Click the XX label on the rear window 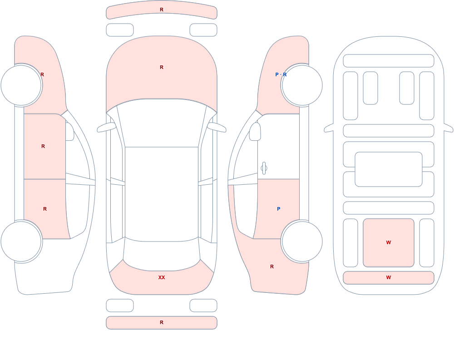pos(162,277)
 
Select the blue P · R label pos(281,74)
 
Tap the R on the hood pos(162,67)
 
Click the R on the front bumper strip pos(162,10)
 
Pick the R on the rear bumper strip pos(162,322)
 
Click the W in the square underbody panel pos(389,242)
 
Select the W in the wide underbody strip pos(389,277)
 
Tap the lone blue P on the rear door pos(279,209)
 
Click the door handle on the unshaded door pos(264,168)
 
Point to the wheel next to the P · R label pos(302,85)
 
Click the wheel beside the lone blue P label pos(302,242)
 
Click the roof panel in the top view pos(162,194)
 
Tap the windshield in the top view pos(162,123)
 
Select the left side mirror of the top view pos(106,128)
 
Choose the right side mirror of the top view pos(217,128)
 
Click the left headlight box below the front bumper pos(120,30)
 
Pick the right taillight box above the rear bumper pos(203,305)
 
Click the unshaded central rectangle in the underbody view pos(389,169)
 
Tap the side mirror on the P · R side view pos(255,132)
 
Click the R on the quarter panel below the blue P pos(272,266)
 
